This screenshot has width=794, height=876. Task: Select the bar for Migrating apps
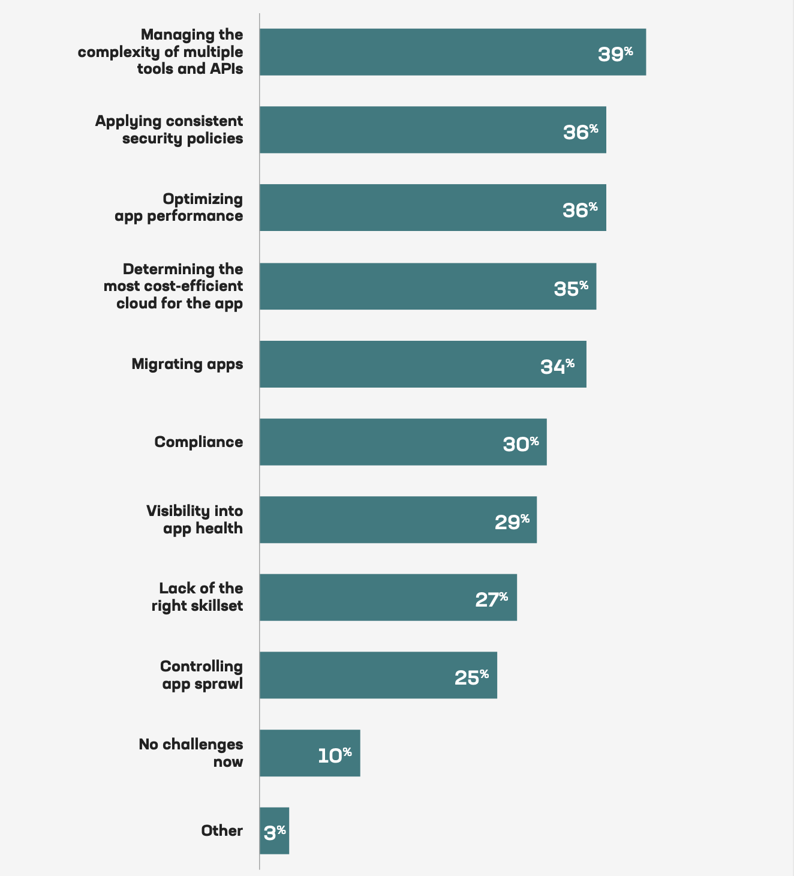[423, 364]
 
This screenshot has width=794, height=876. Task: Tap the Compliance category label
[198, 442]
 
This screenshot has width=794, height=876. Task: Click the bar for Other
[274, 830]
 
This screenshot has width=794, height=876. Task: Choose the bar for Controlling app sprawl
[378, 675]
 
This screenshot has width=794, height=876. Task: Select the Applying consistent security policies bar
[432, 130]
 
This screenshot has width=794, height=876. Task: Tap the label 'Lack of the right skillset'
[197, 597]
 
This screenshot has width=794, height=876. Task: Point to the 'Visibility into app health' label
[195, 520]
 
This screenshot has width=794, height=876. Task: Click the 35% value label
[571, 288]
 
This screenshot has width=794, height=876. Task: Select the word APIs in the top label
[226, 68]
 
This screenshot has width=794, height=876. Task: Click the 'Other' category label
[222, 831]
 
